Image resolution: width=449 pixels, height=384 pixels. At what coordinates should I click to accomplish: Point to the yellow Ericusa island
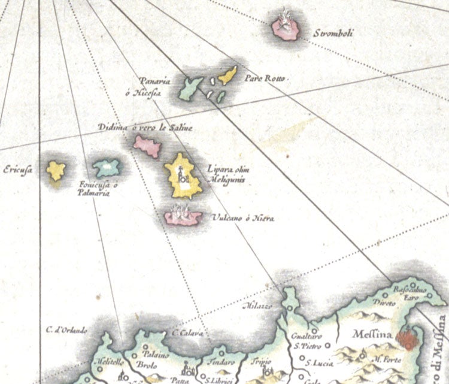click(x=56, y=170)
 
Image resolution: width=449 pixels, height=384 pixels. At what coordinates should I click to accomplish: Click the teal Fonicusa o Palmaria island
click(x=107, y=167)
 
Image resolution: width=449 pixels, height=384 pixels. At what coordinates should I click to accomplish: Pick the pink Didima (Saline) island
click(x=147, y=146)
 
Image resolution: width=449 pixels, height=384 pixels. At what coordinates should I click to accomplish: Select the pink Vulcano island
click(x=184, y=216)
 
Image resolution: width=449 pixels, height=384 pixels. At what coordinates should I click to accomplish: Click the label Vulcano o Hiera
click(x=242, y=219)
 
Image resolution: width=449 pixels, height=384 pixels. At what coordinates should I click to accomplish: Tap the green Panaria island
click(x=192, y=88)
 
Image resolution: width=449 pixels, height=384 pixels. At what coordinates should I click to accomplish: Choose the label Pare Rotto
click(x=263, y=79)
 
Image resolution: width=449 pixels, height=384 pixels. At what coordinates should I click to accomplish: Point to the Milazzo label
click(x=258, y=306)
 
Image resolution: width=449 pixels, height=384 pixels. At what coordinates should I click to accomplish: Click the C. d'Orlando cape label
click(x=66, y=329)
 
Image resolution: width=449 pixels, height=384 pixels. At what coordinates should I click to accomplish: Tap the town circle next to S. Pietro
click(x=328, y=346)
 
